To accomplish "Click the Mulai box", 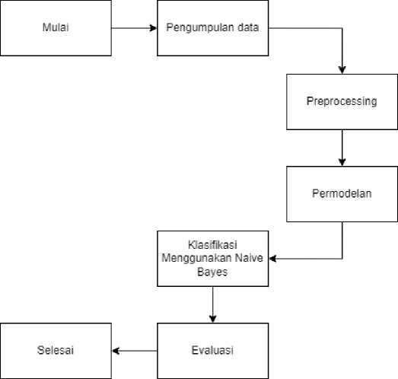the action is point(56,28).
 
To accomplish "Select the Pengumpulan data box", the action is point(213,28).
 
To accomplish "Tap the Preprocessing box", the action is point(342,102).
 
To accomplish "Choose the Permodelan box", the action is point(342,194).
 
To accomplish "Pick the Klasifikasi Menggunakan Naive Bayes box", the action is point(213,259).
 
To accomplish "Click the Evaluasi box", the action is point(213,351).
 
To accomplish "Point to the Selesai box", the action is point(56,351).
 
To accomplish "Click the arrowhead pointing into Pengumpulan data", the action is point(154,28).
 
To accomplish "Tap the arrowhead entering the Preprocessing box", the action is point(342,70).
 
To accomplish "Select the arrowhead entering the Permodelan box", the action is point(342,162).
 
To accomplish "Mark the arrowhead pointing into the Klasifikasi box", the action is point(272,259).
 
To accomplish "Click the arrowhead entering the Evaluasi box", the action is point(213,319).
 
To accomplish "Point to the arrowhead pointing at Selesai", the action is point(116,351).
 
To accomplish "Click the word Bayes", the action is point(212,272).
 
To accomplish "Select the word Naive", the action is point(249,258).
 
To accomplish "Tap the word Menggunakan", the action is point(196,259).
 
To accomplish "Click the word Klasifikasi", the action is point(212,245).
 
